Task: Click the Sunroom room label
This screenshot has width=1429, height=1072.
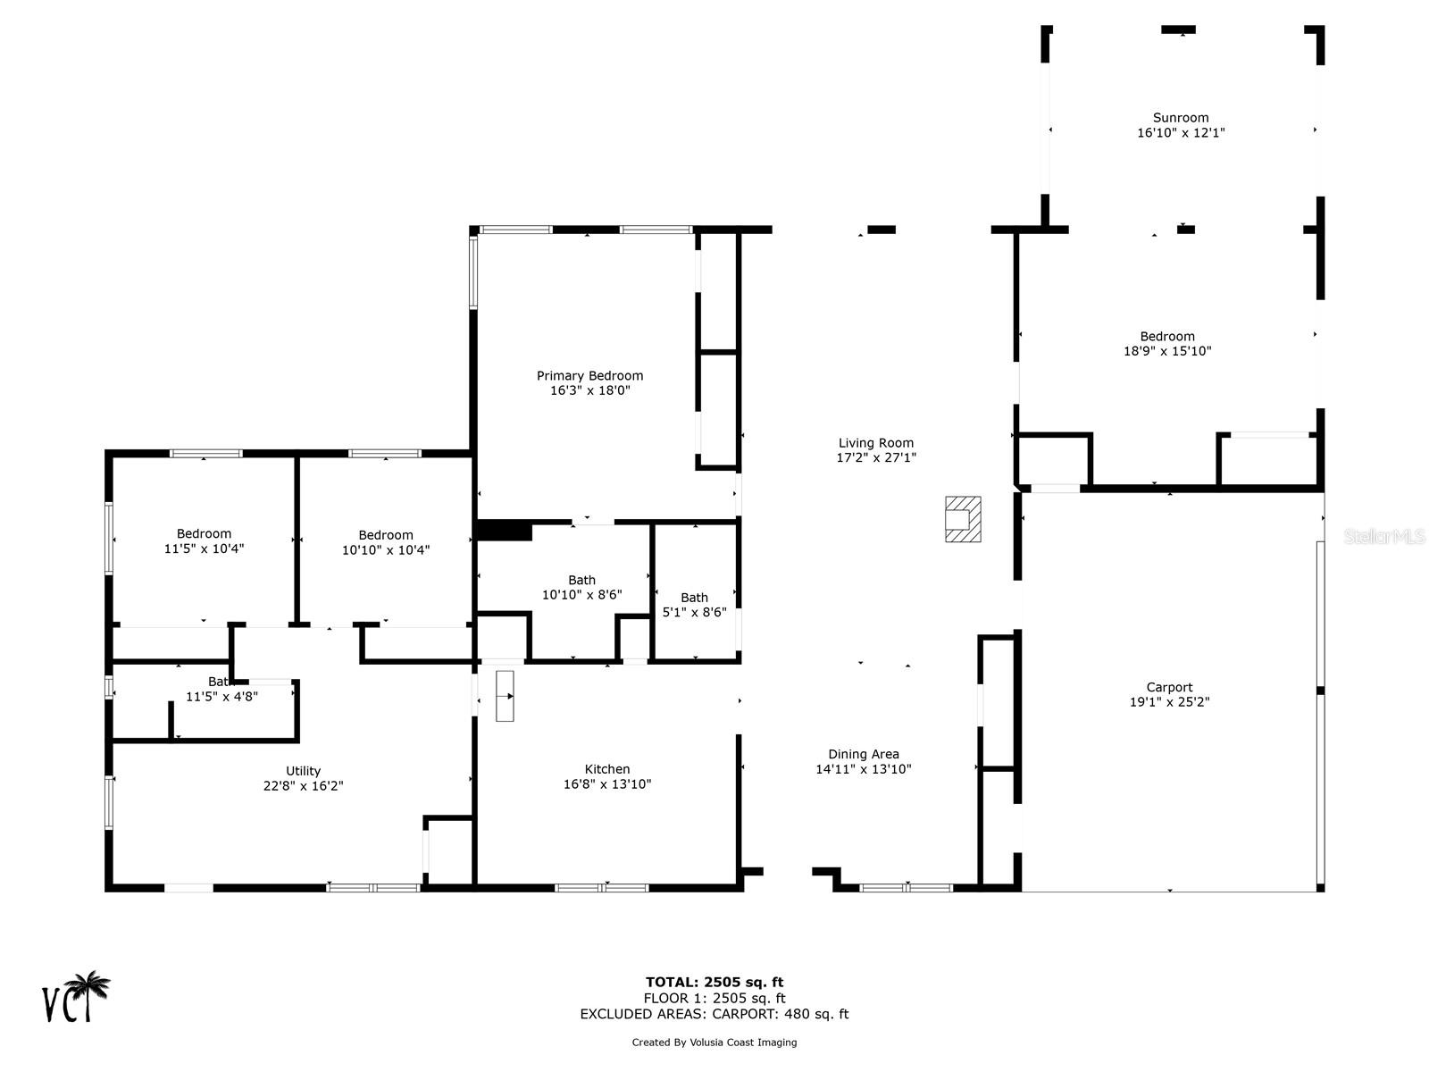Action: pos(1180,118)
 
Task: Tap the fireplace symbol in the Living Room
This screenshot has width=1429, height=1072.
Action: pos(963,519)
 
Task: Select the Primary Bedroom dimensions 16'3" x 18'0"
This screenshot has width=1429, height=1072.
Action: pos(589,390)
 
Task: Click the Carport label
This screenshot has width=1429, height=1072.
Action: pos(1169,687)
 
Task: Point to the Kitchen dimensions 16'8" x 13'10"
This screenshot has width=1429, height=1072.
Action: pos(606,784)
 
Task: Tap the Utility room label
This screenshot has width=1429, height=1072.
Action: pos(303,771)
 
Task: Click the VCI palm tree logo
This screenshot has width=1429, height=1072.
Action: pos(77,997)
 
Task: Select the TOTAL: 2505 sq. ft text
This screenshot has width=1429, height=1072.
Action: pos(714,982)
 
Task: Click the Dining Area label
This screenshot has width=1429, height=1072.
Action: pos(863,754)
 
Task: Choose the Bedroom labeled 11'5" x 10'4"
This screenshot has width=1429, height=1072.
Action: pos(204,541)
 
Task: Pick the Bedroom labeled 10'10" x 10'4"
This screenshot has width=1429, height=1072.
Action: pos(386,542)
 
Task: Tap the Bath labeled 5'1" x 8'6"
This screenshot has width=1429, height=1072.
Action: pos(694,605)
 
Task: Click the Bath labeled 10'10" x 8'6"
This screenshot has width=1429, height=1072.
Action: pos(581,587)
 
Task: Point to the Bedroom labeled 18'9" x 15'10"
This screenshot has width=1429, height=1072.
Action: pos(1166,344)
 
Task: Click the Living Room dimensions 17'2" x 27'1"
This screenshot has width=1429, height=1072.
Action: pos(876,457)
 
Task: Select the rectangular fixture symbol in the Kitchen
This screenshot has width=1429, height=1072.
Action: pos(505,696)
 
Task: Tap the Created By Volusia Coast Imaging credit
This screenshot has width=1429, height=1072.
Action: pos(714,1042)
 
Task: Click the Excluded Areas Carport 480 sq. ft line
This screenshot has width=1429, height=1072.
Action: pos(714,1014)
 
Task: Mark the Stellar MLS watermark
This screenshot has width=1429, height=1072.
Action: pos(1384,536)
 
